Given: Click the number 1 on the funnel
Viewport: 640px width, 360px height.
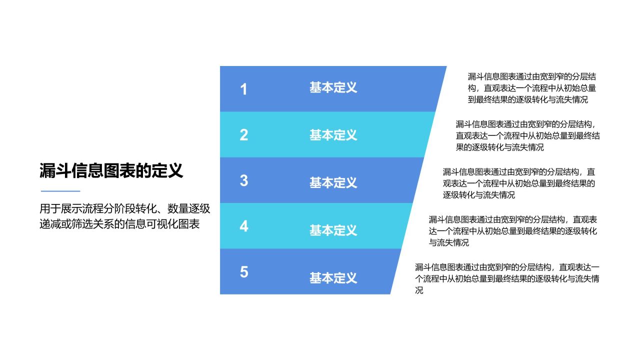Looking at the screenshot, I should click(x=243, y=89).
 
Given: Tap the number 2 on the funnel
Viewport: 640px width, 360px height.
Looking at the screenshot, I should click(x=243, y=135).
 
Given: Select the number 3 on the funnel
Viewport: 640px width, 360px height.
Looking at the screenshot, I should click(x=243, y=180).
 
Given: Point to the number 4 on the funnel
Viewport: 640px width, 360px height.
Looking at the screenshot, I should click(x=243, y=226).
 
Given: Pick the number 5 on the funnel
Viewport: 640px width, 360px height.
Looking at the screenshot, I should click(x=243, y=272).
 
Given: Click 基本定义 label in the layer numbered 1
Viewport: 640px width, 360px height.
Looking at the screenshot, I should click(x=333, y=88).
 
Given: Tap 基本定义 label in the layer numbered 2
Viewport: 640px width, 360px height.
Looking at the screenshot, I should click(x=333, y=135).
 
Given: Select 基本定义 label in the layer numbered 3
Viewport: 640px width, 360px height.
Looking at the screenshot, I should click(x=333, y=182).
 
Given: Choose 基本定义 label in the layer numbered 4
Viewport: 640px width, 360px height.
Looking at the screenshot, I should click(x=333, y=230).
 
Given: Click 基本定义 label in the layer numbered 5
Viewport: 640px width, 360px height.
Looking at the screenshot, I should click(x=333, y=278).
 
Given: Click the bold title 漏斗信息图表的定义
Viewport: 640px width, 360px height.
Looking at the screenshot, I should click(x=111, y=171).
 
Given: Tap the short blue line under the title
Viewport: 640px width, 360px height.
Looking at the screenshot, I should click(x=60, y=191).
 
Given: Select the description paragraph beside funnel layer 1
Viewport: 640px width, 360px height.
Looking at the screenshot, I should click(x=531, y=88).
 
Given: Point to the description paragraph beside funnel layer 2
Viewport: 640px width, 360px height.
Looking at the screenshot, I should click(x=527, y=135).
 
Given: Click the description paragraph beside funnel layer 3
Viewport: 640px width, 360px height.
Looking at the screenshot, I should click(x=518, y=183).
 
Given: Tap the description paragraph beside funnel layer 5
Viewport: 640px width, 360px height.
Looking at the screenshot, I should click(x=506, y=278).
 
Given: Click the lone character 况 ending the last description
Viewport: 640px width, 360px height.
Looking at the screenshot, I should click(x=419, y=290).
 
